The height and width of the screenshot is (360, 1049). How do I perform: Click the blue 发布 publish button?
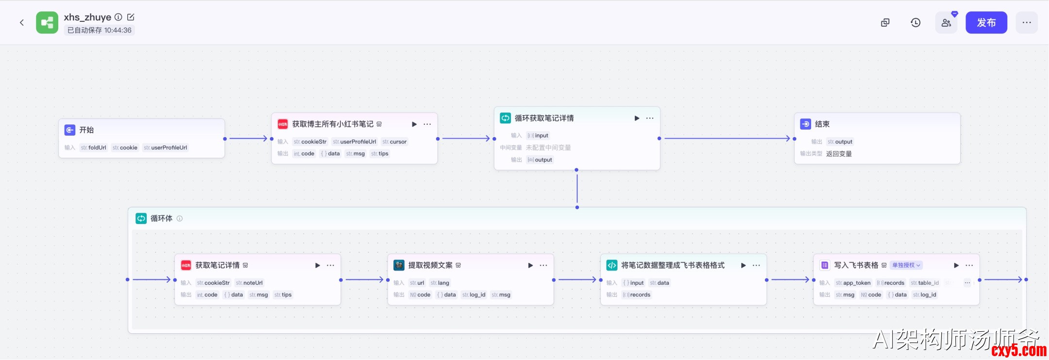coord(986,23)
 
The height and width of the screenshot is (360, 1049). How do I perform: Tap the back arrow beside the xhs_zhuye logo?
coord(22,23)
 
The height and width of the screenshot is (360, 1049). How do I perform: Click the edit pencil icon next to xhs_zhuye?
coord(131,17)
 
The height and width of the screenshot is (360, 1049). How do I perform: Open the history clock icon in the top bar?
coord(915,23)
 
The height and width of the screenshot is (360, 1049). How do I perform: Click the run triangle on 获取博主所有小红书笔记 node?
coord(414,124)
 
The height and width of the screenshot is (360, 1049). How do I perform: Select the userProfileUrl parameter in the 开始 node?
coord(165,148)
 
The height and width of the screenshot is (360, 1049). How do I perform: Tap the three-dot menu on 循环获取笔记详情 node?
coord(650,119)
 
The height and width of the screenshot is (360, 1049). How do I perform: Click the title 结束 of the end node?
coord(822,124)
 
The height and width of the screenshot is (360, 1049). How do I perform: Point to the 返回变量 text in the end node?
coord(839,154)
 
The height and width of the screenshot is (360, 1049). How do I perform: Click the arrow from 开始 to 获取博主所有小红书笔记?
coord(248,138)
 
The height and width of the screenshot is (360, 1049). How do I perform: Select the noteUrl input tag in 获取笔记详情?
coord(249,283)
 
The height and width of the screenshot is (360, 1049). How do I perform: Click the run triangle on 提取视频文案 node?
coord(530,265)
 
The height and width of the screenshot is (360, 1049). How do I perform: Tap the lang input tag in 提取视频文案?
coord(440,283)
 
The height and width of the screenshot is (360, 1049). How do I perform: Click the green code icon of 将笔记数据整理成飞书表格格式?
coord(611,265)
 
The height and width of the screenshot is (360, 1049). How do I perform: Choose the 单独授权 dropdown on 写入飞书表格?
coord(906,265)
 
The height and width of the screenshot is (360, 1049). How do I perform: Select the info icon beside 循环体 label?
coord(180,219)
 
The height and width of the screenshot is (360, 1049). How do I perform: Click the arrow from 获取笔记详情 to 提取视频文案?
coord(364,280)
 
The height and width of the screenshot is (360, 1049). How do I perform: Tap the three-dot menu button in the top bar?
coord(1027,23)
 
